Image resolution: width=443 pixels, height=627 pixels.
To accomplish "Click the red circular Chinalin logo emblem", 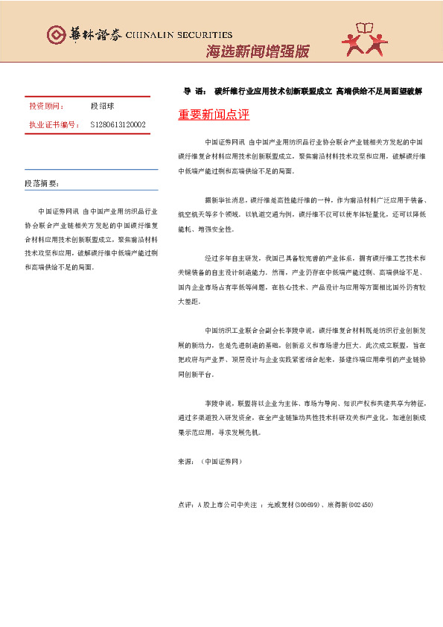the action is pos(56,34).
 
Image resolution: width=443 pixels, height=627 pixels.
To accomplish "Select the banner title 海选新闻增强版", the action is pos(257,51).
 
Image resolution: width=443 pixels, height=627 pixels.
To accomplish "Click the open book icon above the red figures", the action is pos(369,28).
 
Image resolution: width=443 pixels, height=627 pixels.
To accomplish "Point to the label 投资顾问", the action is pos(46,106).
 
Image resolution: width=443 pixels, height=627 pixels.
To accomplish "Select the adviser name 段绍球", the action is pos(101,106).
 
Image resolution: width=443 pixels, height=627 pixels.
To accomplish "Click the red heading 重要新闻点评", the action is pos(214,115).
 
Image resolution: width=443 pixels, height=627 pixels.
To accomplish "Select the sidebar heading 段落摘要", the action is pos(42,183).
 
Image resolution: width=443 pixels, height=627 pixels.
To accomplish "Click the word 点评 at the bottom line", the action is pos(186,504).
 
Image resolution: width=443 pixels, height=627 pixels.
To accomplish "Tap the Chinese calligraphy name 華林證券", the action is pos(90,34).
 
